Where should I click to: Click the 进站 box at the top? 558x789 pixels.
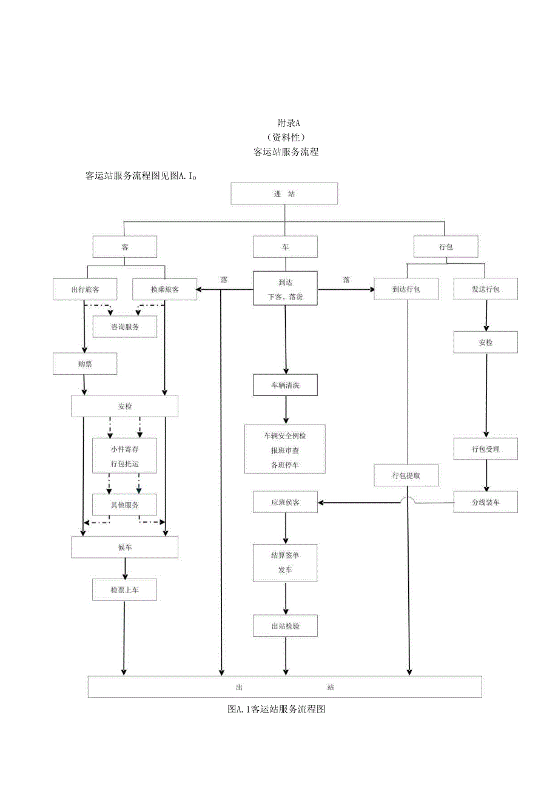pyautogui.click(x=284, y=194)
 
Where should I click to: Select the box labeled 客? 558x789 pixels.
pyautogui.click(x=125, y=247)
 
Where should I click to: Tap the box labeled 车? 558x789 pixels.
pyautogui.click(x=285, y=247)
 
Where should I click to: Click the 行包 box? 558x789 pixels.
pyautogui.click(x=446, y=247)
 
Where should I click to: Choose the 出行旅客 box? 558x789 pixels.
pyautogui.click(x=85, y=289)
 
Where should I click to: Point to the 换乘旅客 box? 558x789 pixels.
pyautogui.click(x=164, y=289)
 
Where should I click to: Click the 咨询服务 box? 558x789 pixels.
pyautogui.click(x=125, y=326)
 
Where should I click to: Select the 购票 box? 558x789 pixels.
pyautogui.click(x=85, y=363)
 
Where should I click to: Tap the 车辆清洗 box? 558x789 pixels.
pyautogui.click(x=285, y=385)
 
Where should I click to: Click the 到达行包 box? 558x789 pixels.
pyautogui.click(x=406, y=289)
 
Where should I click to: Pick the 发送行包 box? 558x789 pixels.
pyautogui.click(x=486, y=289)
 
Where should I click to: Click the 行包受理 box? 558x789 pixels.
pyautogui.click(x=486, y=449)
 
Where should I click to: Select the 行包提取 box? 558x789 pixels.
pyautogui.click(x=406, y=475)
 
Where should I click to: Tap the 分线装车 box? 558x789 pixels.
pyautogui.click(x=486, y=502)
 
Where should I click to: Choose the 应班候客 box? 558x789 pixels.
pyautogui.click(x=285, y=502)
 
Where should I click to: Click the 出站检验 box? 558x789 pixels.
pyautogui.click(x=285, y=625)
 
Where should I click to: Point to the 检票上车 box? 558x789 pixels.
pyautogui.click(x=125, y=589)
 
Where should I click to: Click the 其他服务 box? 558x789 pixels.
pyautogui.click(x=125, y=505)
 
